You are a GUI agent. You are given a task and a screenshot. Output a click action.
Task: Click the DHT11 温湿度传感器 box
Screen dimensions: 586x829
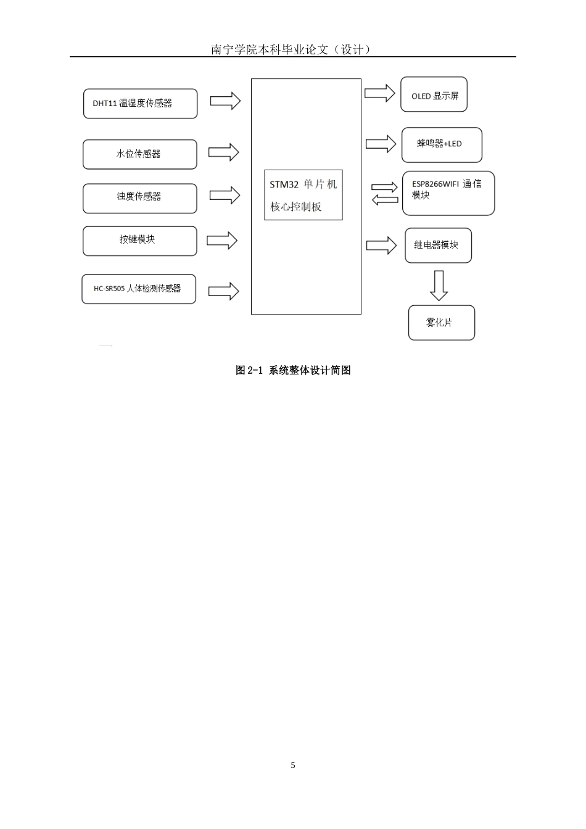pos(140,104)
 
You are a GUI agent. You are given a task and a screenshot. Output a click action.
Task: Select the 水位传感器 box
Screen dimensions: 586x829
pos(140,154)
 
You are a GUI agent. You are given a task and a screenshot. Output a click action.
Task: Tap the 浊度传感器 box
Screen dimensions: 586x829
pos(140,199)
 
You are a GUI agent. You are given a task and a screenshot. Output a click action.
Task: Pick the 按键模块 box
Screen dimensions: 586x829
pos(140,241)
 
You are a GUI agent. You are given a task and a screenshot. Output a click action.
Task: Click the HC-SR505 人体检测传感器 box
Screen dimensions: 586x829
pos(139,289)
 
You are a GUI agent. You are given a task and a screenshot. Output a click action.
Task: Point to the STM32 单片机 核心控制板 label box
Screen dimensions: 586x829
pos(303,195)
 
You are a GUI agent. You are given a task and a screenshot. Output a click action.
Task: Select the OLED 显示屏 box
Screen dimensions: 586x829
pos(434,94)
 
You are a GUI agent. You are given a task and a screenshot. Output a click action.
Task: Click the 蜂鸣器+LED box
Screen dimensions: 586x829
pos(442,145)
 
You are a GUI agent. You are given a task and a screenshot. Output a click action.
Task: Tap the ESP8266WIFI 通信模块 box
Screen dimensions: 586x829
pos(448,193)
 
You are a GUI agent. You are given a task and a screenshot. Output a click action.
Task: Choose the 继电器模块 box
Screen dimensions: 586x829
pos(439,245)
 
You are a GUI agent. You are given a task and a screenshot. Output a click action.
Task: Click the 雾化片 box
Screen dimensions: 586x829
pos(442,323)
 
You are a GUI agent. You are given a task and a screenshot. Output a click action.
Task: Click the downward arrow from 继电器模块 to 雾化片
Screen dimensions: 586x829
pos(439,286)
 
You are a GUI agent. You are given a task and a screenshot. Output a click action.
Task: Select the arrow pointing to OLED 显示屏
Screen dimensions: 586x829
pos(380,93)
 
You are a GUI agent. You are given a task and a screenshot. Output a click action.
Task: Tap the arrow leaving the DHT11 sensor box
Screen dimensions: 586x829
pos(225,101)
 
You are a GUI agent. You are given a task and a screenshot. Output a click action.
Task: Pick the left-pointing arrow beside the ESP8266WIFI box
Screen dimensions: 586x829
pos(385,200)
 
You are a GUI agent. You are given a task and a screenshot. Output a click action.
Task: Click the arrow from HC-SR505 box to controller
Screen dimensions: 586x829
pos(223,291)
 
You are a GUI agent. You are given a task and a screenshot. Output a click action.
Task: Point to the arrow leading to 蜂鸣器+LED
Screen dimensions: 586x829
pos(381,144)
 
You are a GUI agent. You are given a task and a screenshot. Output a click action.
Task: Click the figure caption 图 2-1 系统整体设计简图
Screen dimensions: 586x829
pos(293,370)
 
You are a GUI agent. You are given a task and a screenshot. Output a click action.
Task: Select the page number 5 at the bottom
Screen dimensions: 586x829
pos(293,765)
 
